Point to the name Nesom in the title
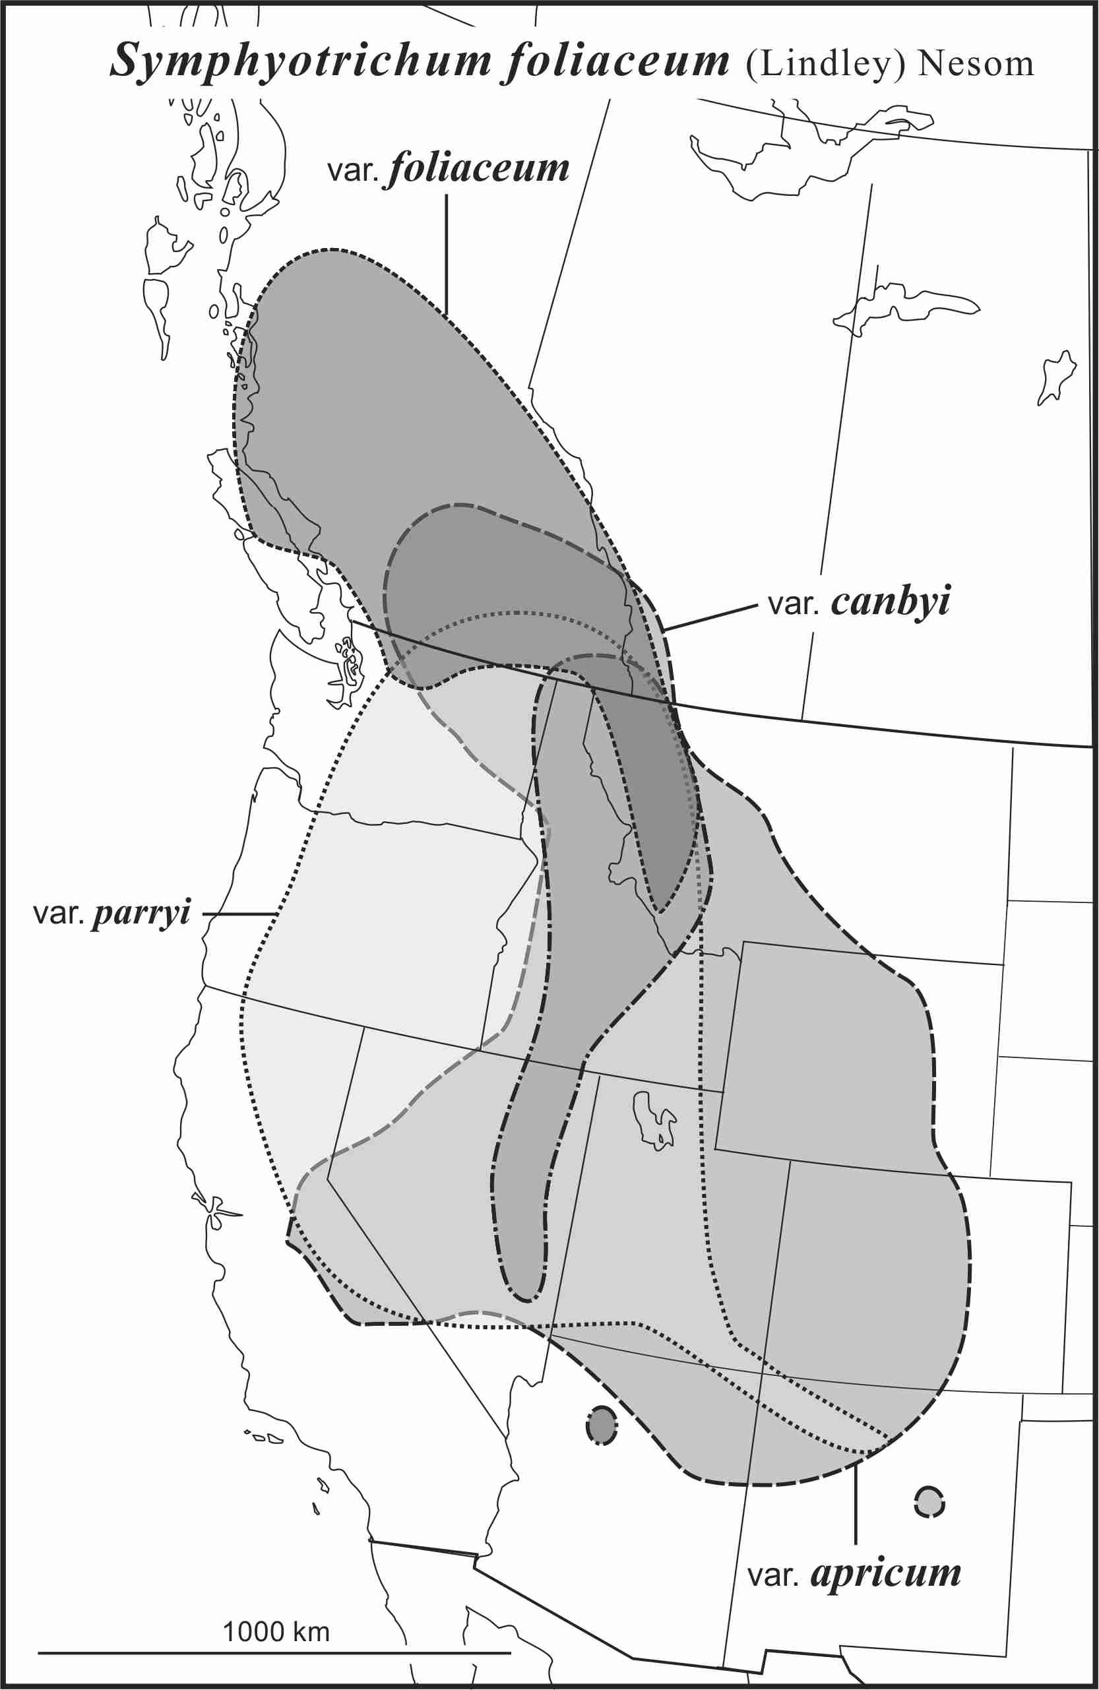point(976,64)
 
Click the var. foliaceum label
point(448,170)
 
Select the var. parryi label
point(112,913)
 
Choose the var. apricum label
point(854,1573)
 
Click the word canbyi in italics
point(891,602)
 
